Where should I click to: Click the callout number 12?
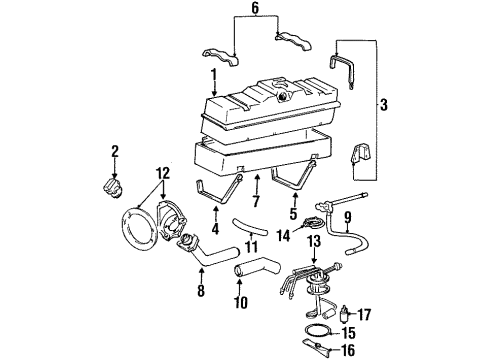(162, 173)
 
